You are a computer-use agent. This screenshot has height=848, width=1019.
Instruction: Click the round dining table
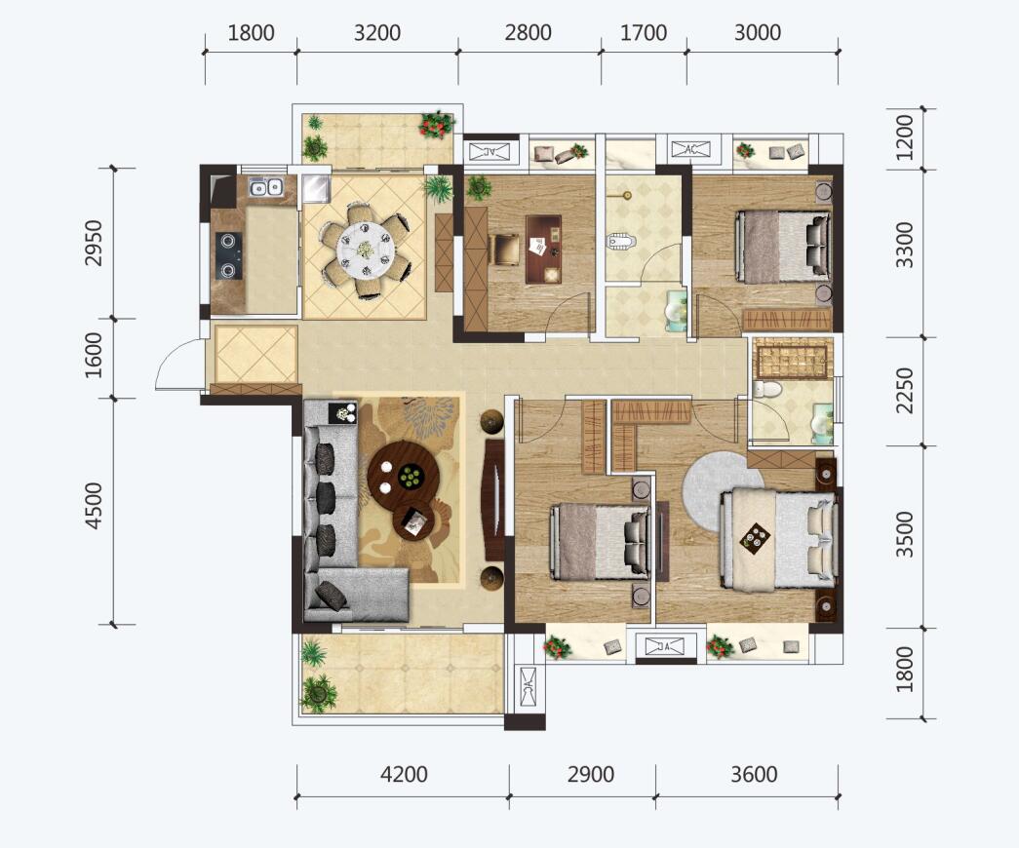pyautogui.click(x=366, y=251)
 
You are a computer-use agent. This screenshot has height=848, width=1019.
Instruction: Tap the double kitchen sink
pyautogui.click(x=266, y=187)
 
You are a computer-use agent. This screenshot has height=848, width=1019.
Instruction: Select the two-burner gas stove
pyautogui.click(x=229, y=256)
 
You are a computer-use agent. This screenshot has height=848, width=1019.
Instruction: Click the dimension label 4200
pyautogui.click(x=404, y=775)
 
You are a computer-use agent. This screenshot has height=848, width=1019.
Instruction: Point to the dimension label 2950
pyautogui.click(x=95, y=243)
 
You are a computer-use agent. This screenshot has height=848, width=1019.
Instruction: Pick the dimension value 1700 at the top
pyautogui.click(x=644, y=32)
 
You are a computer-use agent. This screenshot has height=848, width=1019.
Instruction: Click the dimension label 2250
pyautogui.click(x=904, y=391)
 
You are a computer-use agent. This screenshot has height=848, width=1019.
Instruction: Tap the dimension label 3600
pyautogui.click(x=754, y=775)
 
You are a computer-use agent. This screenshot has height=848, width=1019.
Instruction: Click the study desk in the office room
pyautogui.click(x=543, y=250)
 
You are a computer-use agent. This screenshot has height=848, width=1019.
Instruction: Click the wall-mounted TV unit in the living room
pyautogui.click(x=494, y=500)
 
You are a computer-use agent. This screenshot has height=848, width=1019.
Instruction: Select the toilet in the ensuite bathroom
pyautogui.click(x=767, y=389)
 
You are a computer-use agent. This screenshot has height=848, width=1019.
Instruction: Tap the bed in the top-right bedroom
pyautogui.click(x=784, y=247)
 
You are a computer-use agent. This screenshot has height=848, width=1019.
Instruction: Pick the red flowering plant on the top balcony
pyautogui.click(x=436, y=124)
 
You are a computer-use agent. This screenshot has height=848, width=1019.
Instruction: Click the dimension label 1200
pyautogui.click(x=904, y=137)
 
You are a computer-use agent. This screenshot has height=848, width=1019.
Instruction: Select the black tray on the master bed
pyautogui.click(x=755, y=537)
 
